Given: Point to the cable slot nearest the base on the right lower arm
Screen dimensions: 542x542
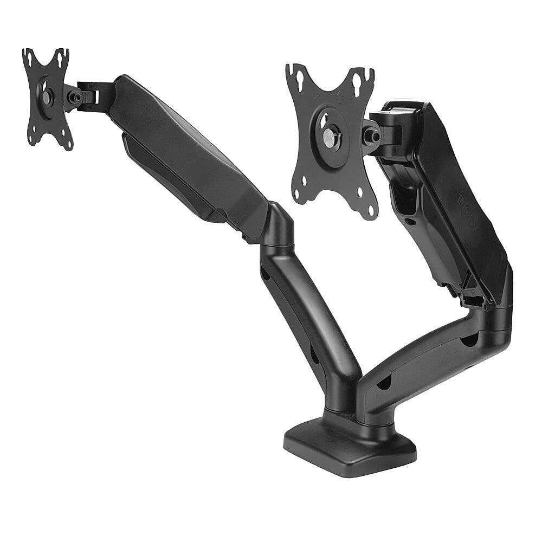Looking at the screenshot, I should (384, 382).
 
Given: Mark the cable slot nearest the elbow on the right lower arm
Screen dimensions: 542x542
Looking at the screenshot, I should (469, 340).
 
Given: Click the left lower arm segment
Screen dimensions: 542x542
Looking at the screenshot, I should (309, 320).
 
